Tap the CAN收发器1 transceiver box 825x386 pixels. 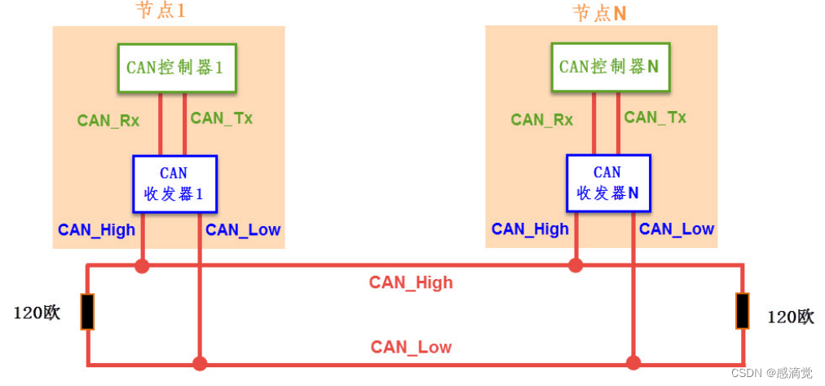[x=174, y=184]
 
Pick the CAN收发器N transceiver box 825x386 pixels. [x=608, y=184]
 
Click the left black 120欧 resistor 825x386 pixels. [x=87, y=312]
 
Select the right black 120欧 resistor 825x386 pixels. [x=742, y=311]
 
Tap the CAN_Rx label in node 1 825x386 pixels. [x=108, y=121]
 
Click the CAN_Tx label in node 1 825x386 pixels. [x=222, y=118]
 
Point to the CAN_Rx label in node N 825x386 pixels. [x=542, y=120]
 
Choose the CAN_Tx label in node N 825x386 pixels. [x=655, y=118]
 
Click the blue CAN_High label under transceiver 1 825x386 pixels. [x=96, y=230]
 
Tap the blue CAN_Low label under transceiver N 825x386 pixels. [x=677, y=229]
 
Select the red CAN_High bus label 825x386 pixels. [x=411, y=283]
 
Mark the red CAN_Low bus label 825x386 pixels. [x=411, y=348]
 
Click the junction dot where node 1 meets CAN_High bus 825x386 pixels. [x=143, y=265]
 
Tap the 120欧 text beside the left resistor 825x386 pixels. [x=37, y=313]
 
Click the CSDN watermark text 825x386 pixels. [x=772, y=373]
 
